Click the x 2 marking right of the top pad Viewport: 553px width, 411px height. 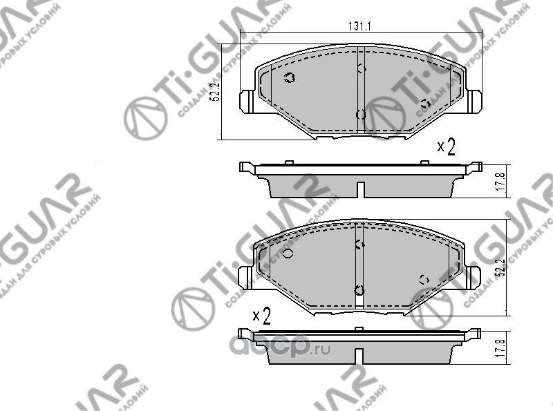[446, 147]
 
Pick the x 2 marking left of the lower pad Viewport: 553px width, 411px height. [261, 316]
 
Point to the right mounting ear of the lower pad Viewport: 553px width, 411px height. [473, 275]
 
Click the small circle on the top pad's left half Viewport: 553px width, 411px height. [290, 77]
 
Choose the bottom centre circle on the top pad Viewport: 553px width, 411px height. [359, 115]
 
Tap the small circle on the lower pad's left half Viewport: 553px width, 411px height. [289, 253]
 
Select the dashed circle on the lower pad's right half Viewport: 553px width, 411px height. [425, 279]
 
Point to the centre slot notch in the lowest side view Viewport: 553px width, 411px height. [360, 356]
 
